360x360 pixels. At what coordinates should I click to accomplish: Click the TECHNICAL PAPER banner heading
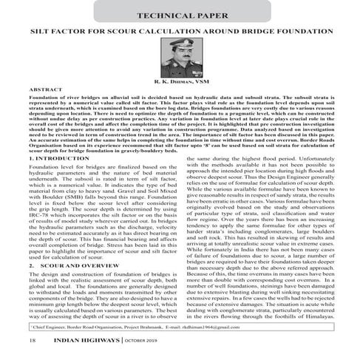179,15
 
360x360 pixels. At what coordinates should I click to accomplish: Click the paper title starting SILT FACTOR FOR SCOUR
180,34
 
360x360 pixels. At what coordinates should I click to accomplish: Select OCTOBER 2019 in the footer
148,342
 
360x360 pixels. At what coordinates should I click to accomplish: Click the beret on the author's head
179,53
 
